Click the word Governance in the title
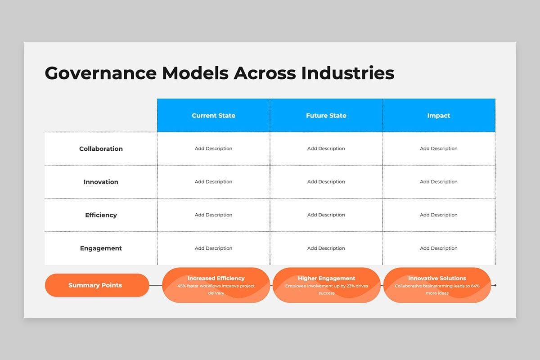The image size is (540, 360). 101,73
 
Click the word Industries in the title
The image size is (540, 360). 347,73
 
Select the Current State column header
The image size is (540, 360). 214,116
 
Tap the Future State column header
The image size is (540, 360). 326,116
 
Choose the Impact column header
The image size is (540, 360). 439,116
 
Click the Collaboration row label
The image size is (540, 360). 101,149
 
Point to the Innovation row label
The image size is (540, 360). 101,182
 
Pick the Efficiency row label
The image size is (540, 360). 101,215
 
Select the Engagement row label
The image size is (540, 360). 101,248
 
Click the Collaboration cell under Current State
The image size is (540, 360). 214,148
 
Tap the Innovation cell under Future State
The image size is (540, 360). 326,182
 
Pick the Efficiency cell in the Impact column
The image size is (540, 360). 439,215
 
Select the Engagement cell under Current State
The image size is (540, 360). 214,248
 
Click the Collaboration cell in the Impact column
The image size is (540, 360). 439,148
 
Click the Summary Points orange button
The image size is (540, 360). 97,285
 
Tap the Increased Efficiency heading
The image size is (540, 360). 216,278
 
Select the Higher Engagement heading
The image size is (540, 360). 326,278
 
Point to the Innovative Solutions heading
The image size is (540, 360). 437,278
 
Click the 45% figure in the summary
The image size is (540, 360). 181,286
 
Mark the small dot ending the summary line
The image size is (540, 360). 495,285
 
